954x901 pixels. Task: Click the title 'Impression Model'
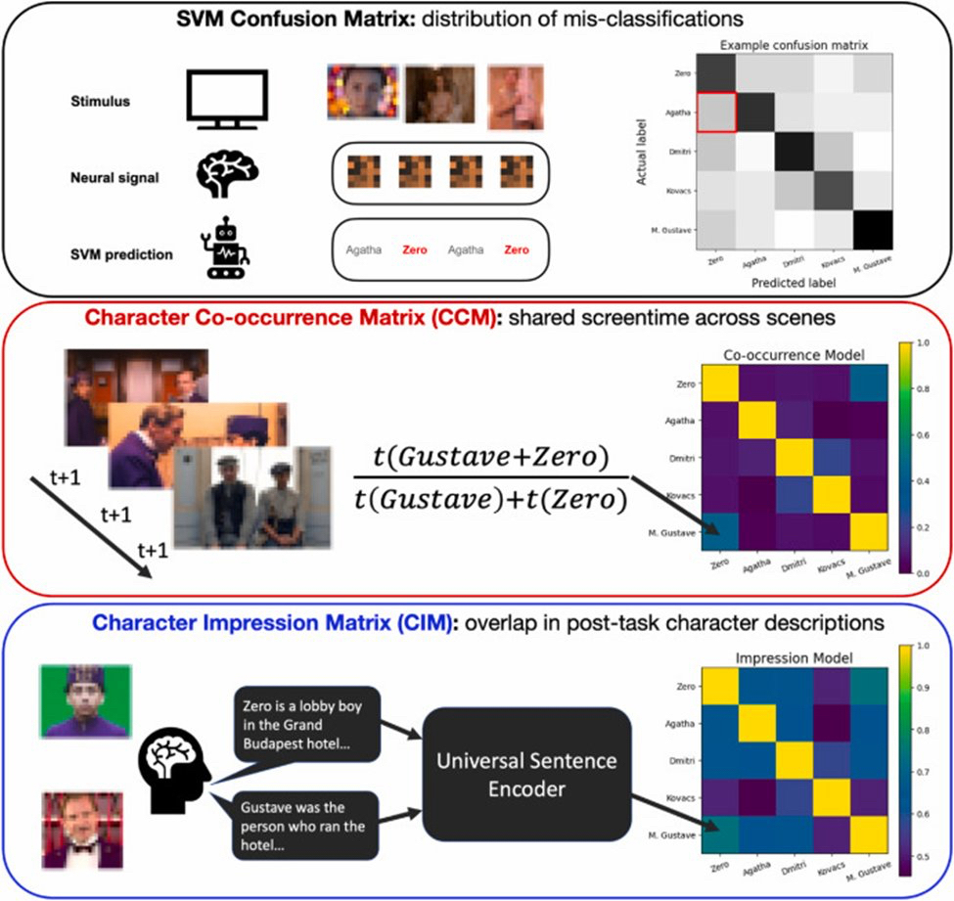tap(789, 657)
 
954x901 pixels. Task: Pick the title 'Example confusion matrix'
tap(793, 45)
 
